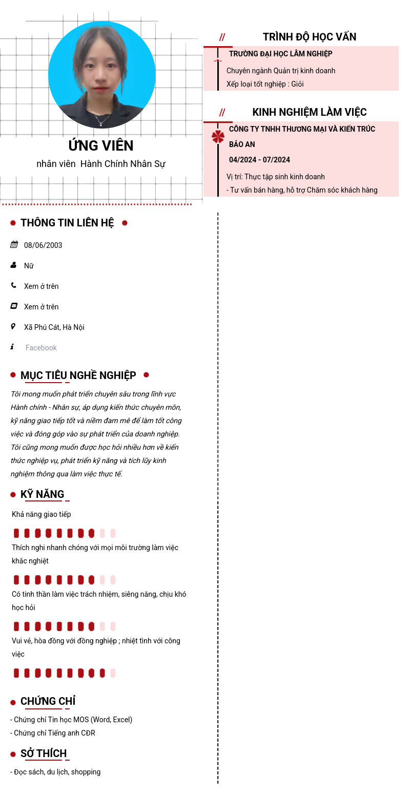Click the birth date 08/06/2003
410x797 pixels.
(43, 245)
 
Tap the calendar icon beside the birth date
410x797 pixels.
(14, 245)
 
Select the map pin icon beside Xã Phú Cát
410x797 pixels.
(13, 326)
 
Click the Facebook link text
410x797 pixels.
(41, 348)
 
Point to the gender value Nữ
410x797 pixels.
(29, 266)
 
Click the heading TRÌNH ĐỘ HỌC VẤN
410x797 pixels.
(309, 37)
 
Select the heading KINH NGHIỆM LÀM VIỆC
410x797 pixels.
(309, 112)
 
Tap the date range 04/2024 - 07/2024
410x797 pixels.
(259, 160)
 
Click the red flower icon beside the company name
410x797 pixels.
(218, 137)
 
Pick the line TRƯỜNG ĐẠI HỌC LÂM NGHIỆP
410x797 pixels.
(280, 54)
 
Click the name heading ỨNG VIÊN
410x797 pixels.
(101, 146)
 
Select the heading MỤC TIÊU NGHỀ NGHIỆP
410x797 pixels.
(78, 375)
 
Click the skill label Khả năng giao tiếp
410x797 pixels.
(42, 514)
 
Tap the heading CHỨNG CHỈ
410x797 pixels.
(48, 701)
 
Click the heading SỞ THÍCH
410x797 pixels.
(44, 753)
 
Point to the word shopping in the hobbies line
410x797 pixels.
(86, 772)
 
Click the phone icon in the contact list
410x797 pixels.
(14, 285)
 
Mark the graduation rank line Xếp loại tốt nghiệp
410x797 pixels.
(265, 84)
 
